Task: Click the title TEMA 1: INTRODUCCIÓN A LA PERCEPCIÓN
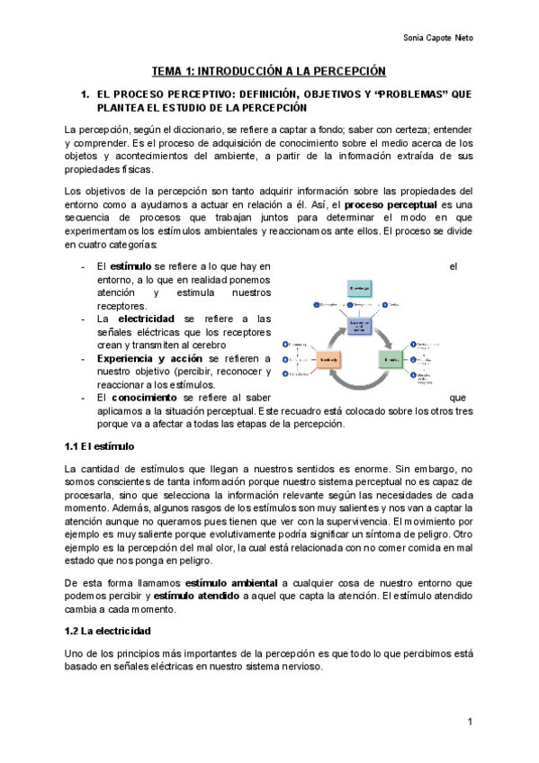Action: click(x=268, y=70)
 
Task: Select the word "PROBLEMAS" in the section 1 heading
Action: click(x=394, y=93)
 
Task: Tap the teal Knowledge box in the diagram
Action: click(x=358, y=287)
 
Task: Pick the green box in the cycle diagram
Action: click(x=392, y=360)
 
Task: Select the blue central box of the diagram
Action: click(x=359, y=326)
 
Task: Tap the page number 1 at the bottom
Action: click(x=470, y=723)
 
